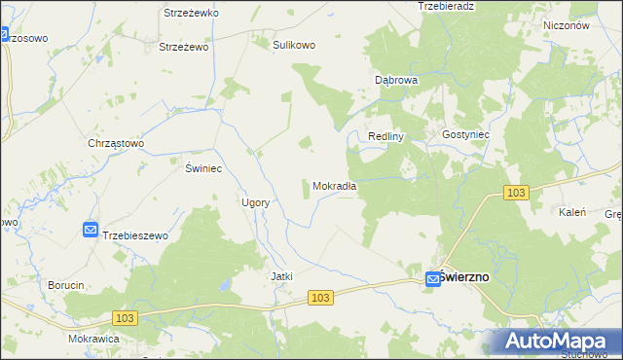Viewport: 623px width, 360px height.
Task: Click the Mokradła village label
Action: tap(335, 186)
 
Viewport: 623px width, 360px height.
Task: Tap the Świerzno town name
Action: tap(465, 276)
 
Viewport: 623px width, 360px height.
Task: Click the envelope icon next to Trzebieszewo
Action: tap(90, 230)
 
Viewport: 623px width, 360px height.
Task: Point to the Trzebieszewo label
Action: tap(135, 235)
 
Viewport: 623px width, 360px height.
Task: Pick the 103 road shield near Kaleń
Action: tap(517, 194)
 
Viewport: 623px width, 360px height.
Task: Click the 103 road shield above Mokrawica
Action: tap(124, 317)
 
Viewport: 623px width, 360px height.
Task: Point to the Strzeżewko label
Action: tap(191, 13)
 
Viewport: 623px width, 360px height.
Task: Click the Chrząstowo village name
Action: tap(116, 143)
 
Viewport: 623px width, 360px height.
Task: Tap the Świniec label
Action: tap(204, 168)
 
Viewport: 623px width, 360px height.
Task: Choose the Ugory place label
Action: tap(255, 202)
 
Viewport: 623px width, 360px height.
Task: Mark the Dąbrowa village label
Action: tap(396, 80)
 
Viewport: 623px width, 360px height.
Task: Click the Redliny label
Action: tap(385, 137)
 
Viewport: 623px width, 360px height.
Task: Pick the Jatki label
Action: tap(281, 276)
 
